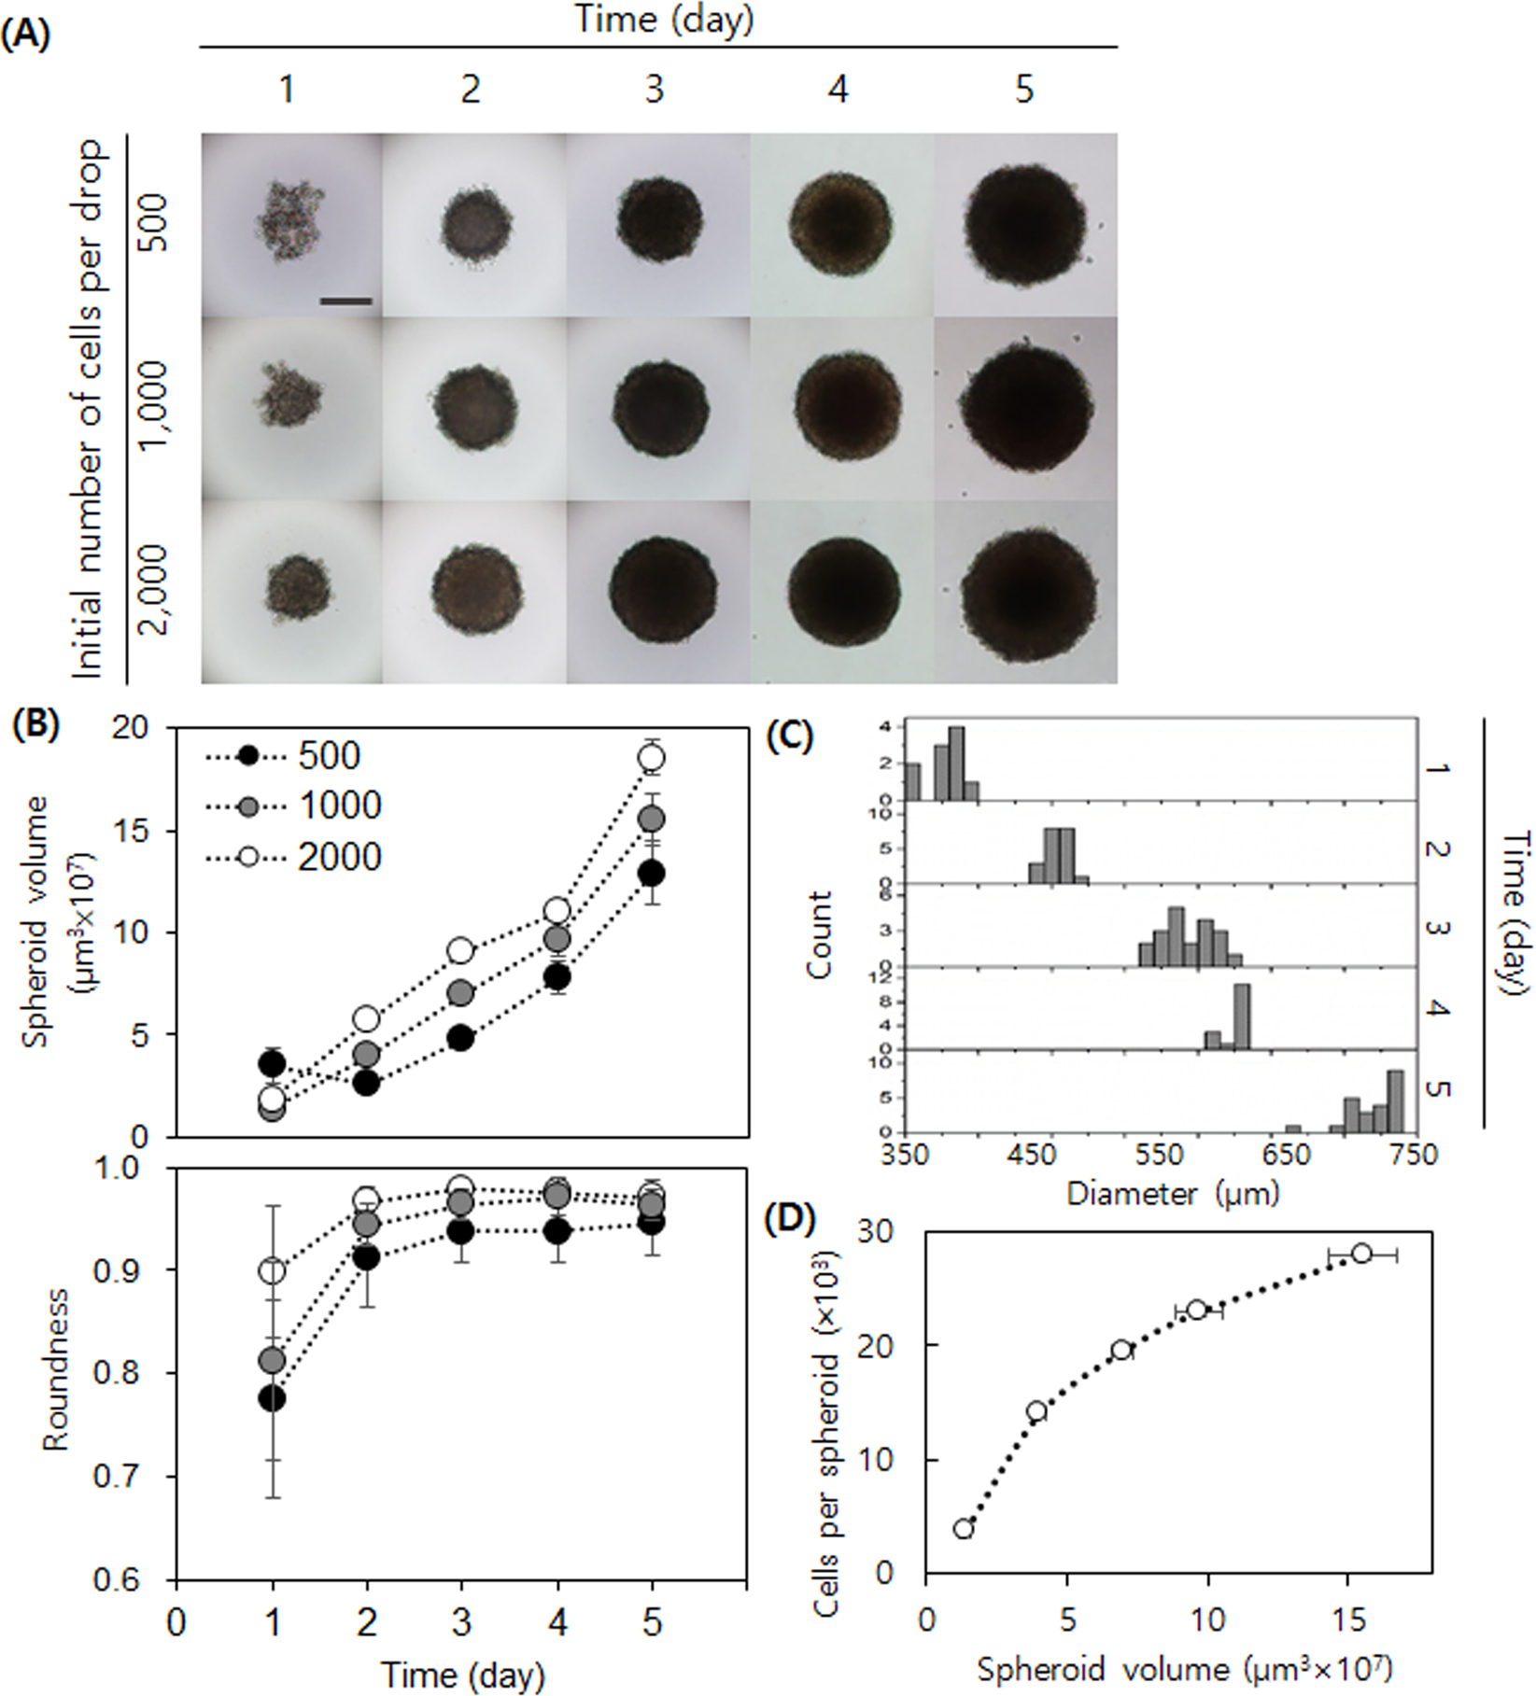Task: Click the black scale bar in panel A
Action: click(x=345, y=301)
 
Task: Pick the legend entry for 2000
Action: click(x=339, y=856)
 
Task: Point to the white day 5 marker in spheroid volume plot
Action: click(x=652, y=757)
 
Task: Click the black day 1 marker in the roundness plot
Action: click(x=272, y=1398)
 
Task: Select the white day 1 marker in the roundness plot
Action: click(x=272, y=1270)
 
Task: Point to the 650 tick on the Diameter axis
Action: click(x=1287, y=1155)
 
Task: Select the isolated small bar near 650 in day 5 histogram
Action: click(x=1292, y=1128)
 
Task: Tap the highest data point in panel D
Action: click(x=1360, y=1254)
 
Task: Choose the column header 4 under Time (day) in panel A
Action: click(x=838, y=90)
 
